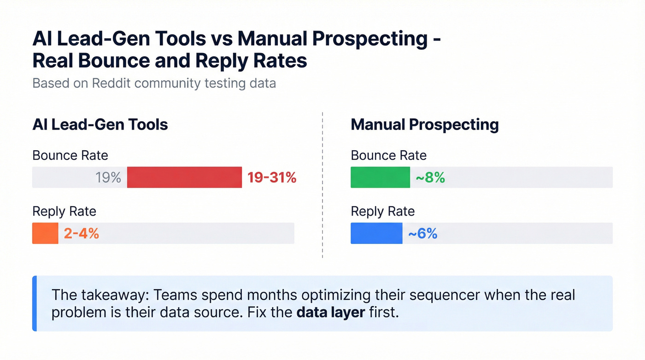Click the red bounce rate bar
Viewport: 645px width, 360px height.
coord(184,177)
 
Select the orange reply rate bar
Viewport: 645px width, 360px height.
coord(45,233)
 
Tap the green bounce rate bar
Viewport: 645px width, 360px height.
coord(380,177)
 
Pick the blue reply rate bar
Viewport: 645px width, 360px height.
coord(376,233)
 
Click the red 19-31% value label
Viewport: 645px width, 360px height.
coord(272,177)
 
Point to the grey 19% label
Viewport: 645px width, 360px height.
coord(108,177)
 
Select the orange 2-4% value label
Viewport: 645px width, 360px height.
coord(82,233)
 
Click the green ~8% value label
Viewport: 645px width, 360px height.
coord(430,177)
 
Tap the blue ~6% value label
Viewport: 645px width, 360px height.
coord(422,233)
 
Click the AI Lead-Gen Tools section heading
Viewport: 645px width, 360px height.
coord(100,124)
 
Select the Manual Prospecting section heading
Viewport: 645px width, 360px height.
coord(424,124)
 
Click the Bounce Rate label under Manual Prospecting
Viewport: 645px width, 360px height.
coord(388,155)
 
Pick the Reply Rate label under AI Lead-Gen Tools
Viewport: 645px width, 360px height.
coord(64,212)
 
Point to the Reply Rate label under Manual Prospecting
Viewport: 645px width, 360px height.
coord(382,212)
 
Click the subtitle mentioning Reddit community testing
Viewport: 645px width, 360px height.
coord(154,83)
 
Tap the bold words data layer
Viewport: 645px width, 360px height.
coord(331,312)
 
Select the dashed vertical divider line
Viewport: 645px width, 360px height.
coord(322,184)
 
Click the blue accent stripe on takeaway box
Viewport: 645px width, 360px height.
coord(34,303)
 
